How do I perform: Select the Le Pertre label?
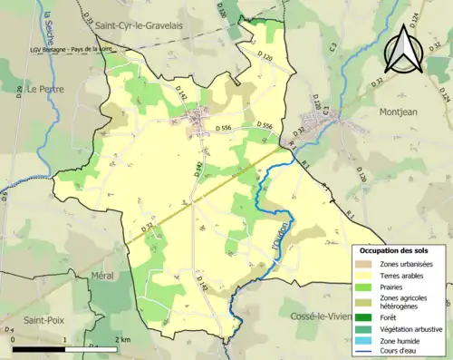point(43,90)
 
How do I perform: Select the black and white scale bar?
point(63,348)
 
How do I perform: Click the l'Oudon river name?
point(282,236)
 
